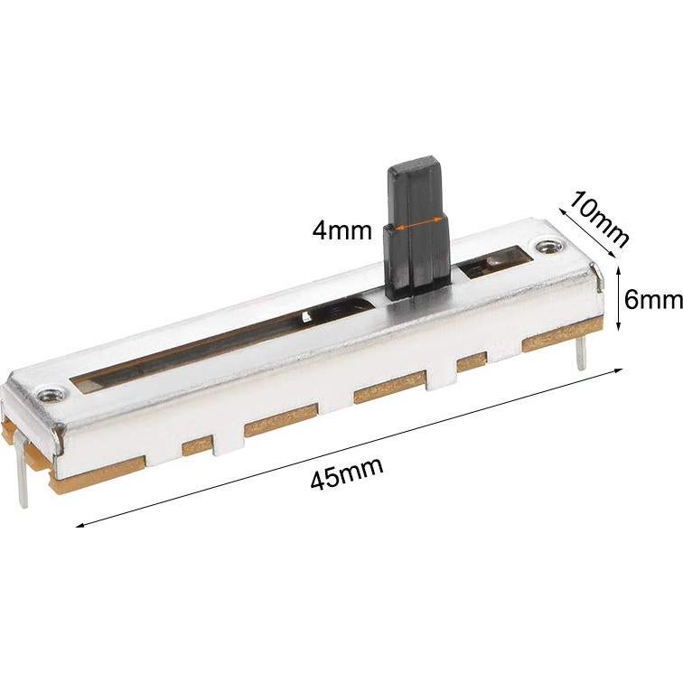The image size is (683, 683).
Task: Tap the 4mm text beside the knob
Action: (x=341, y=230)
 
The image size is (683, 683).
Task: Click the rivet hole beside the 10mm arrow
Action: (x=546, y=245)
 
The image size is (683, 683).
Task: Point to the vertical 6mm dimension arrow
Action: (x=618, y=299)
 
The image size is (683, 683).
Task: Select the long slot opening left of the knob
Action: (x=217, y=349)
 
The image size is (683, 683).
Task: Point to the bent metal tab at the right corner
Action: (x=596, y=276)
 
